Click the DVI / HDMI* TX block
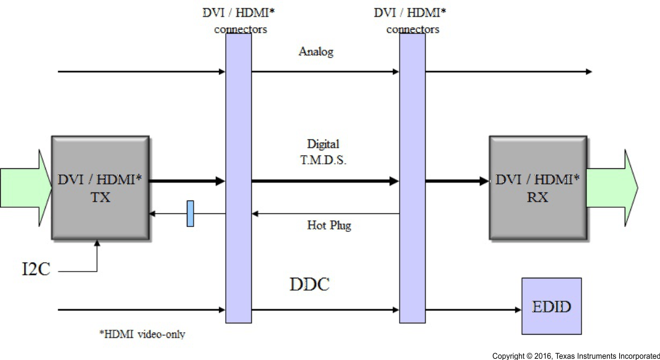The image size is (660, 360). click(100, 187)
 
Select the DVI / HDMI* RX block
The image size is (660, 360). click(537, 187)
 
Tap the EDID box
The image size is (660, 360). click(551, 307)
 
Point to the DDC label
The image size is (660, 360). click(309, 285)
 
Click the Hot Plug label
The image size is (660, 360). click(328, 225)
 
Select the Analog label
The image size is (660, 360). click(315, 52)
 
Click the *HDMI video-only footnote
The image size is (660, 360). click(142, 335)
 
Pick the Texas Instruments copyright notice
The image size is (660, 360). click(575, 356)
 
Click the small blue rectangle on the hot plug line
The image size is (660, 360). click(191, 213)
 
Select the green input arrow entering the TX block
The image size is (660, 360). click(25, 187)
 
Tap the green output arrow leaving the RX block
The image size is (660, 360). click(612, 187)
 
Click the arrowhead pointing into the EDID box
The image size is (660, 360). click(516, 309)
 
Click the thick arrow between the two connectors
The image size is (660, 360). click(325, 181)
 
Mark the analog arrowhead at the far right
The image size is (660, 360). click(588, 72)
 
